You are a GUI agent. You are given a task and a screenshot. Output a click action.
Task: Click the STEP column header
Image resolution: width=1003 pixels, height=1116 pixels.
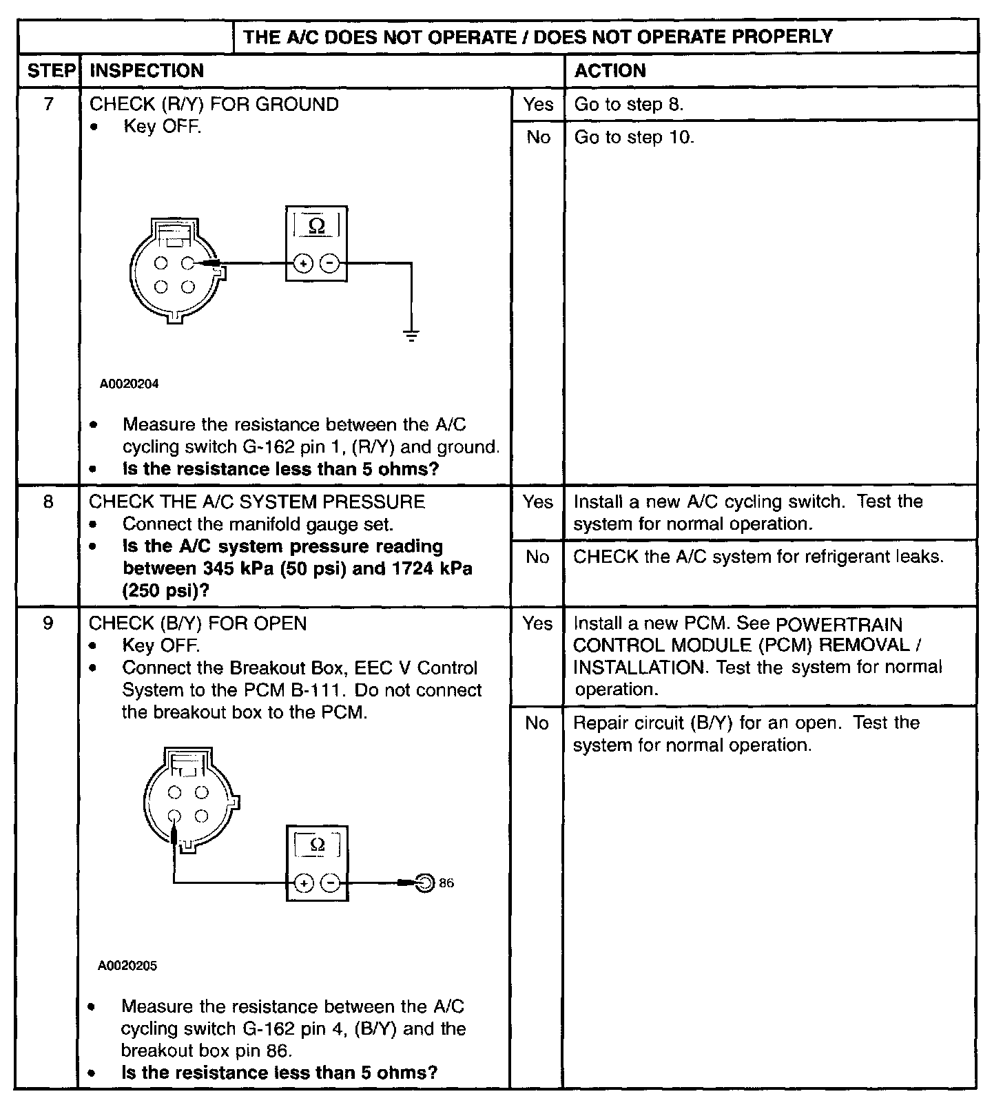click(x=50, y=71)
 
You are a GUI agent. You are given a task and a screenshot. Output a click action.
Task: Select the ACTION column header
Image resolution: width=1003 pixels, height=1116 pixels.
click(x=610, y=71)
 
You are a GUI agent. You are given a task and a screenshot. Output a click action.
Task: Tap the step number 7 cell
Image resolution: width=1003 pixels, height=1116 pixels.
click(x=48, y=105)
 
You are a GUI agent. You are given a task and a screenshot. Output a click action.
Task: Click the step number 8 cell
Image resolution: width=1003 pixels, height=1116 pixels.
click(x=48, y=502)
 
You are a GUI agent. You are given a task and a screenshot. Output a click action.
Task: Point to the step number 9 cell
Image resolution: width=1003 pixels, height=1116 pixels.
click(x=48, y=623)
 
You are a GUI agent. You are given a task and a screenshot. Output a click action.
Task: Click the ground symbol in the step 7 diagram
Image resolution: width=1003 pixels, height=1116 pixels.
click(x=411, y=336)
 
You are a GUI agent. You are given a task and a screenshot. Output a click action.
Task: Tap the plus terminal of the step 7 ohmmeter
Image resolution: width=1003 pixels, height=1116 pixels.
click(x=303, y=263)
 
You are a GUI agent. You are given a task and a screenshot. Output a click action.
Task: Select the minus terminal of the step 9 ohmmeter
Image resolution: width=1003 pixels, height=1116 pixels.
click(x=331, y=883)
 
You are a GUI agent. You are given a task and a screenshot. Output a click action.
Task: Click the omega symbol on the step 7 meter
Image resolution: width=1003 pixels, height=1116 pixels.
click(x=317, y=226)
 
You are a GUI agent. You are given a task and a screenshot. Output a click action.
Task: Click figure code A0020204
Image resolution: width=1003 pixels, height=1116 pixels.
click(x=129, y=384)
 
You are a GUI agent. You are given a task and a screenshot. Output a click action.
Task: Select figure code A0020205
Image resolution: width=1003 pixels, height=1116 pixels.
click(x=127, y=967)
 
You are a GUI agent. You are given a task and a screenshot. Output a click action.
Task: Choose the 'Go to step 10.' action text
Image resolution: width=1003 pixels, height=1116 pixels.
click(x=634, y=138)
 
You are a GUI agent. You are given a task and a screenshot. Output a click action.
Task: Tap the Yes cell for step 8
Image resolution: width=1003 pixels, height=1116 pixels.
click(x=537, y=502)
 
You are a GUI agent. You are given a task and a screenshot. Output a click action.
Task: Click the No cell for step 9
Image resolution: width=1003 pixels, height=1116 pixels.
click(x=537, y=723)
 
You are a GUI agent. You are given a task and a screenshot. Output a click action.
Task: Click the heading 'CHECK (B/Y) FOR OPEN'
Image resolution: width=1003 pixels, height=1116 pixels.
click(x=198, y=623)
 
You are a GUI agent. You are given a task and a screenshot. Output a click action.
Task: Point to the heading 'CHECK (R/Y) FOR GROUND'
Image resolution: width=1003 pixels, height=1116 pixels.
click(x=214, y=105)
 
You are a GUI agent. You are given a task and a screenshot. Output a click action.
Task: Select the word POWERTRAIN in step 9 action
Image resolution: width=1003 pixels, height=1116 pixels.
click(x=838, y=625)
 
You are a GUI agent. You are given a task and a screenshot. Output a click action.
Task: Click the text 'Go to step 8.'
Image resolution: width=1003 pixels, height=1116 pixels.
click(x=628, y=105)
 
